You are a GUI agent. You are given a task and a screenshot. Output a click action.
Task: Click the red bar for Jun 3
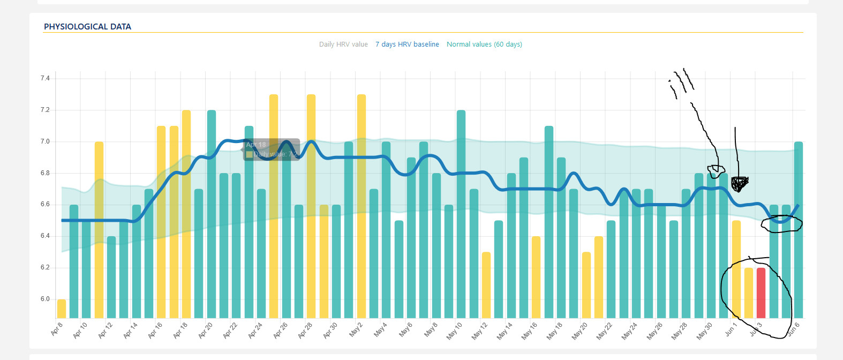tap(761, 292)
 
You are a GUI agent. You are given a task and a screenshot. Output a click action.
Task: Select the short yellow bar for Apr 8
tap(62, 309)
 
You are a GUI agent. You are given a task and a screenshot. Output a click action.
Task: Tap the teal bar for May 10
tap(461, 214)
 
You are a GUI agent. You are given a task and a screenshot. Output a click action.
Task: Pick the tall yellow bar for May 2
tap(362, 206)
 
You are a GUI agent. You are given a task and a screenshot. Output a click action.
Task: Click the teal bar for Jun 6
tap(798, 230)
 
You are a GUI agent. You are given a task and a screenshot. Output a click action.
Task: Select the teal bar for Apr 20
tap(212, 214)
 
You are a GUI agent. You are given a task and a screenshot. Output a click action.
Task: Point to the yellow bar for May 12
tap(486, 285)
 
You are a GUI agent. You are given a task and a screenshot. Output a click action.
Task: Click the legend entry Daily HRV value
tap(343, 44)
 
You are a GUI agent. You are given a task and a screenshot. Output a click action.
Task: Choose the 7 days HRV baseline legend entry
tap(407, 44)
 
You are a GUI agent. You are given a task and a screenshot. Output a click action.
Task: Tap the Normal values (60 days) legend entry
tap(484, 44)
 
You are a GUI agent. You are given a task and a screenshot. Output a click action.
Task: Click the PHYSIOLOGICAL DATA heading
tap(87, 27)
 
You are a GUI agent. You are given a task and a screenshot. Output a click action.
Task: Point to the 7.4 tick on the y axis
tap(45, 79)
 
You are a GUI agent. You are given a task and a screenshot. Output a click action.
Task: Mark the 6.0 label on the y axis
tap(45, 299)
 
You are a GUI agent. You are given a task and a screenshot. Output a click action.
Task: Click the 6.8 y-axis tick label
tap(45, 173)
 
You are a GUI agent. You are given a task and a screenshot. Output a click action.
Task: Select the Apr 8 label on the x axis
tap(57, 329)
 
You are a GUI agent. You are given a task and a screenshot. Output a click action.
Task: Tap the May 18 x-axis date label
tap(555, 331)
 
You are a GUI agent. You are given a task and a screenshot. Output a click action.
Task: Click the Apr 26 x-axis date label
tap(281, 330)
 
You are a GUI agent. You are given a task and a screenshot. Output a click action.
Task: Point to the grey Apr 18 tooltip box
tap(271, 149)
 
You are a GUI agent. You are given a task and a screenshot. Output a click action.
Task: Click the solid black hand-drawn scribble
tap(740, 184)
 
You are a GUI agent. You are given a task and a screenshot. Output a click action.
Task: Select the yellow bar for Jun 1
tap(736, 269)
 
